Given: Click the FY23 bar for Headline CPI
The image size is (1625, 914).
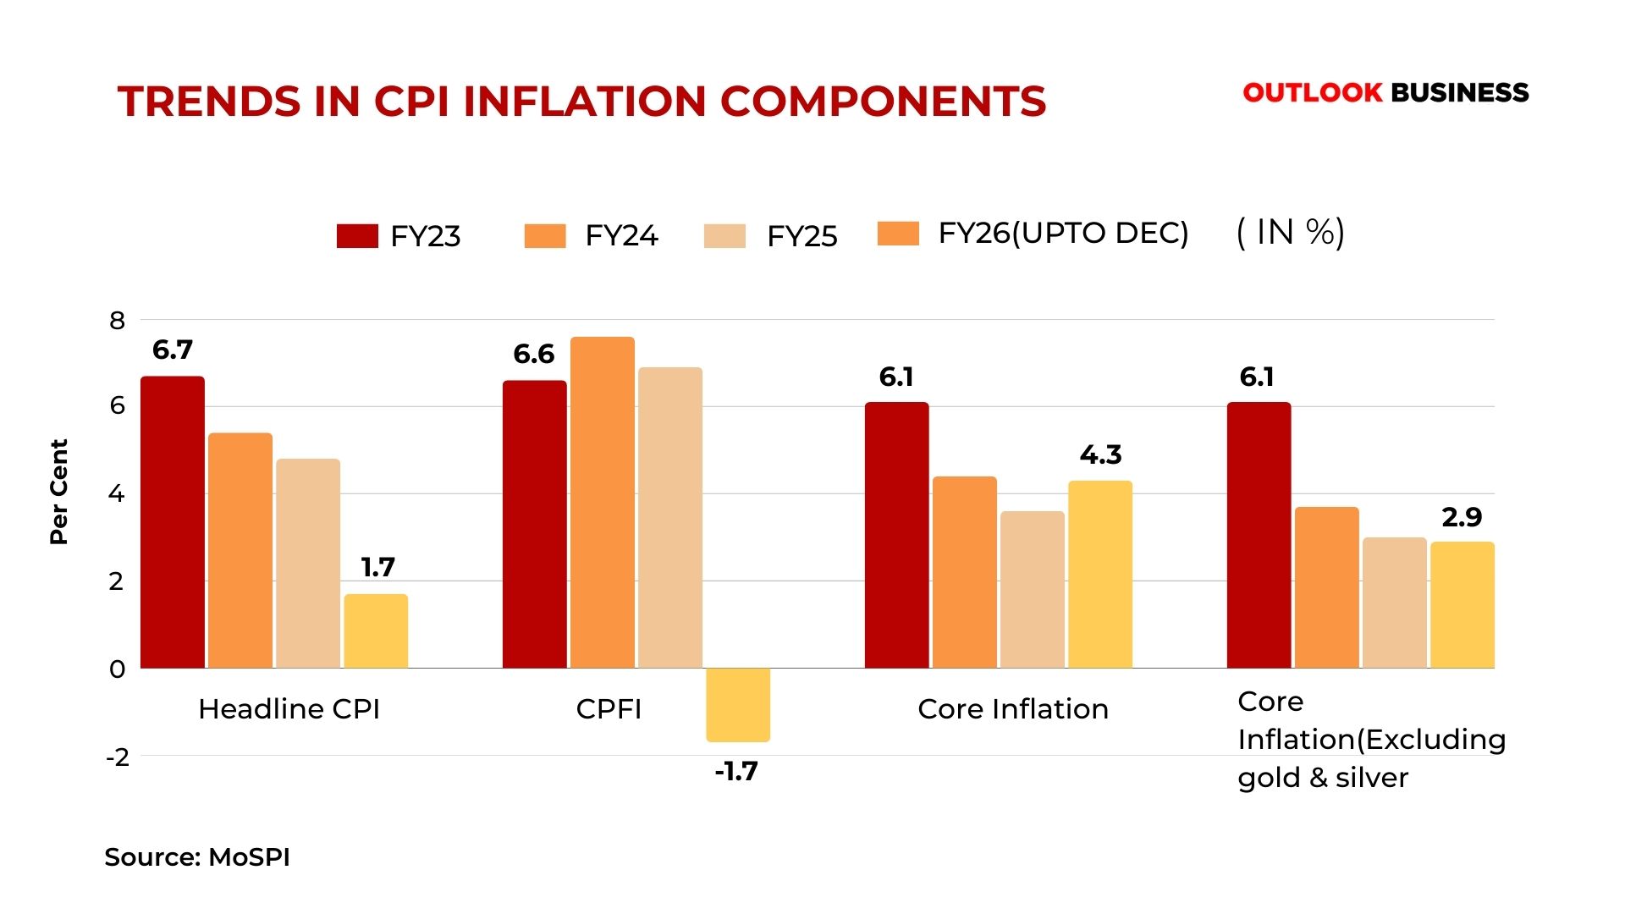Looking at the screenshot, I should pyautogui.click(x=173, y=522).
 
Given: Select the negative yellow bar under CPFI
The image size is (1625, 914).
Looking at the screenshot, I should pyautogui.click(x=738, y=705).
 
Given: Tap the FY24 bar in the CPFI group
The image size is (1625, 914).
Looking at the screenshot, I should pyautogui.click(x=603, y=503).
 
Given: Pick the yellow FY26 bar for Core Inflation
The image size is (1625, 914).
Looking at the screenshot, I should pyautogui.click(x=1100, y=575).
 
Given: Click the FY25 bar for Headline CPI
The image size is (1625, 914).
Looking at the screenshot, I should pyautogui.click(x=308, y=564).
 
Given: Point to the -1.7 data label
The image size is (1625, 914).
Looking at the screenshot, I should pyautogui.click(x=736, y=772).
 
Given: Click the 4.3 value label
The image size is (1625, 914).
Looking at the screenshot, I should pyautogui.click(x=1100, y=455).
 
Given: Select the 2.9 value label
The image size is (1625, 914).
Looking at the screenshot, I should pyautogui.click(x=1462, y=517).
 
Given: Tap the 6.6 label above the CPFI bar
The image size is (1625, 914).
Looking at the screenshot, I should pyautogui.click(x=534, y=354).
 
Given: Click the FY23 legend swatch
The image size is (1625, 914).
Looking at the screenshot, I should pyautogui.click(x=357, y=236).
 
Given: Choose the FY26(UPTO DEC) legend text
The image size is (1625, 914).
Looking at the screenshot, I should pyautogui.click(x=1063, y=234).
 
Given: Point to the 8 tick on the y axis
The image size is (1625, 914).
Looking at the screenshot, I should pyautogui.click(x=117, y=321).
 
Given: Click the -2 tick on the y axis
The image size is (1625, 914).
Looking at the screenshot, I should pyautogui.click(x=118, y=757).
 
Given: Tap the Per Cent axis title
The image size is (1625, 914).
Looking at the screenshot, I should pyautogui.click(x=58, y=492).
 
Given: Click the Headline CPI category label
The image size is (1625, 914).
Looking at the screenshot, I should pyautogui.click(x=289, y=709).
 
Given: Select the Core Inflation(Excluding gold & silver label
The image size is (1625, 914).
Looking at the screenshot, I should pyautogui.click(x=1371, y=740).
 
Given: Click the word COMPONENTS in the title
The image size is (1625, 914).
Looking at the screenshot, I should pyautogui.click(x=883, y=102).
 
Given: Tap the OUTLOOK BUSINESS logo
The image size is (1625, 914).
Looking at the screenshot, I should pyautogui.click(x=1385, y=92).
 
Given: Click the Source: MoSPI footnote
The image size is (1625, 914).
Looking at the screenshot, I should pyautogui.click(x=197, y=857).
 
